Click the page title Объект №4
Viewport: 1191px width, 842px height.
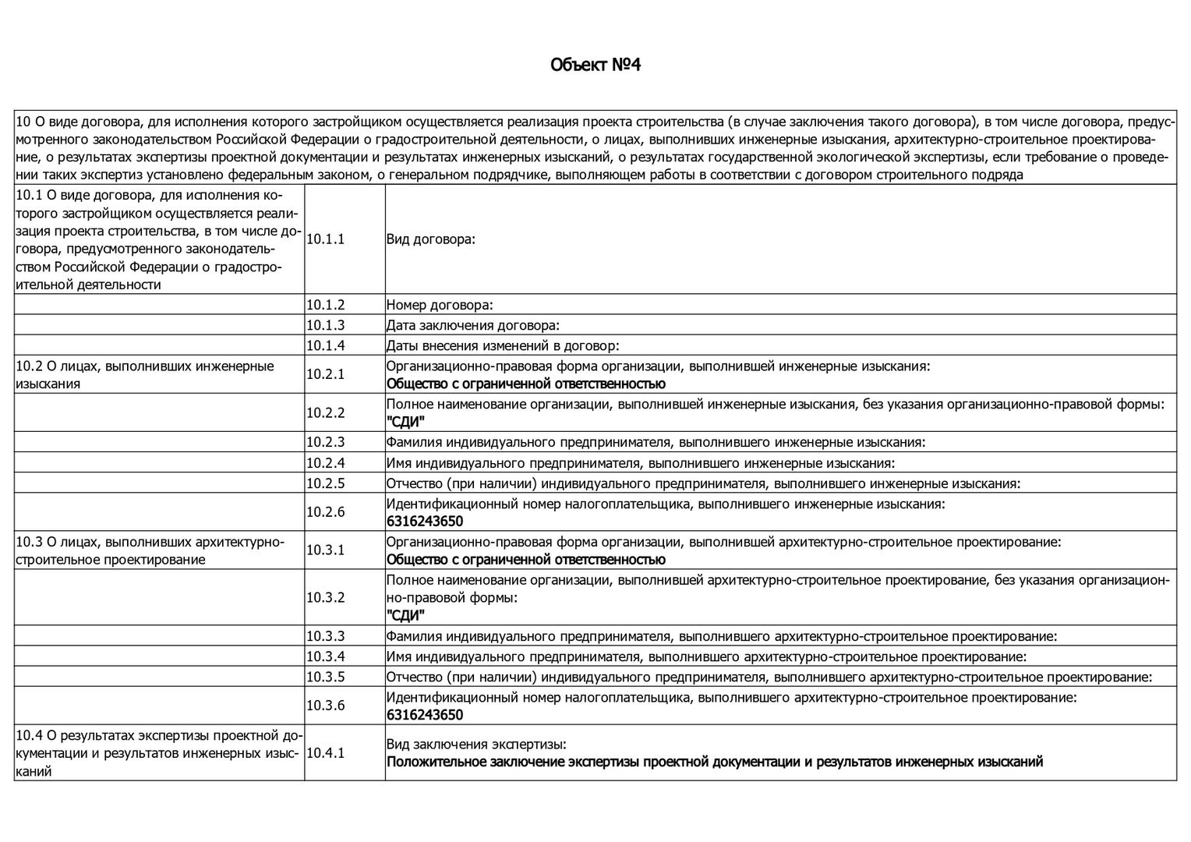595,64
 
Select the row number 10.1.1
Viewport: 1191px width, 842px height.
325,239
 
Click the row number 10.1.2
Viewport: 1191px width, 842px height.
325,305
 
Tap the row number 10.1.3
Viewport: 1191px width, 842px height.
325,325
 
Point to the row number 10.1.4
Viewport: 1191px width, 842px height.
325,345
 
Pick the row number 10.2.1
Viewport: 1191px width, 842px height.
325,374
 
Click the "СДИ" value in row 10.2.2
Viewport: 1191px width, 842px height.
405,422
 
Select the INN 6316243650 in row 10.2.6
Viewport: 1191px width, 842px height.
425,521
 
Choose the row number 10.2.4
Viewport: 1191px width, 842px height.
325,462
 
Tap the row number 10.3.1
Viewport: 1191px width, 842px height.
325,550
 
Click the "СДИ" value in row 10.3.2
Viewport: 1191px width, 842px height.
405,616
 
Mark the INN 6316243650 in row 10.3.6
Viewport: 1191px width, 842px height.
425,715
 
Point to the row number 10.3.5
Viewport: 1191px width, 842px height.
325,677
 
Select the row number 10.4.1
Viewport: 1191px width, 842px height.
325,752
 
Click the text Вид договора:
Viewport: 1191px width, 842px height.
430,239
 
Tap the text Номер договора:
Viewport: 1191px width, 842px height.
440,305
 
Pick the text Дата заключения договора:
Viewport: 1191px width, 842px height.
473,325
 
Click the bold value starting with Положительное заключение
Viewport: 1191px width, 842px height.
714,762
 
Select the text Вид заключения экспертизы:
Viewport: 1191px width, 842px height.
476,744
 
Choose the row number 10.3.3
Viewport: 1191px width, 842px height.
325,636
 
